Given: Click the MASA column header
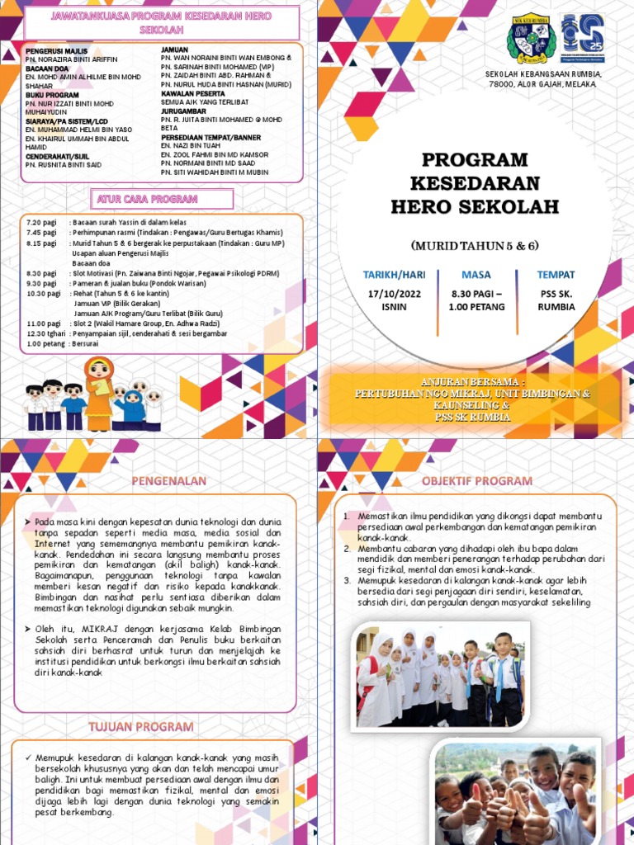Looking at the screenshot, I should [x=475, y=275].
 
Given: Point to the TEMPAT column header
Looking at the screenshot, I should [x=556, y=275].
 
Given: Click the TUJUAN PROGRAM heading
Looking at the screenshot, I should [x=153, y=727].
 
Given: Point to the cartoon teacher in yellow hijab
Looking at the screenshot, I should [x=99, y=392].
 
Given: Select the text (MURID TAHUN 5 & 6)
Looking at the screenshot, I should [x=475, y=245].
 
